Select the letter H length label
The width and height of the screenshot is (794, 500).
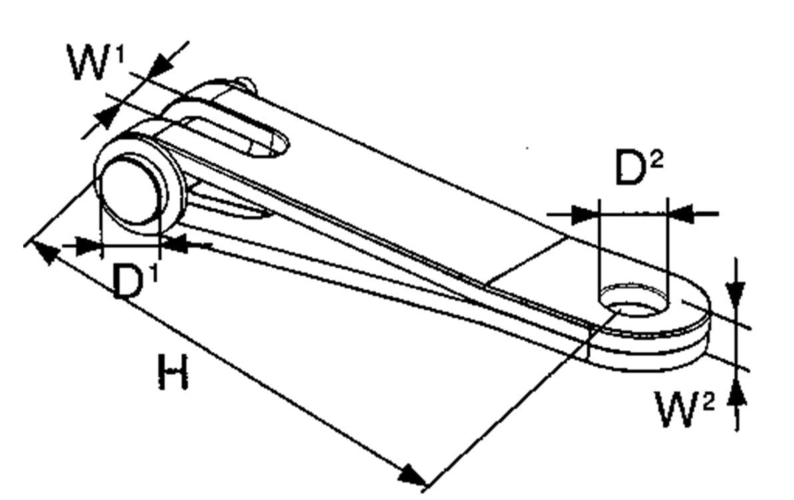click(173, 372)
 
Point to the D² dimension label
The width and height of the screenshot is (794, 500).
click(639, 167)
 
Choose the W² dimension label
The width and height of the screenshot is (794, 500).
click(685, 409)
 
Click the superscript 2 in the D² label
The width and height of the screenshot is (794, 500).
click(655, 160)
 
